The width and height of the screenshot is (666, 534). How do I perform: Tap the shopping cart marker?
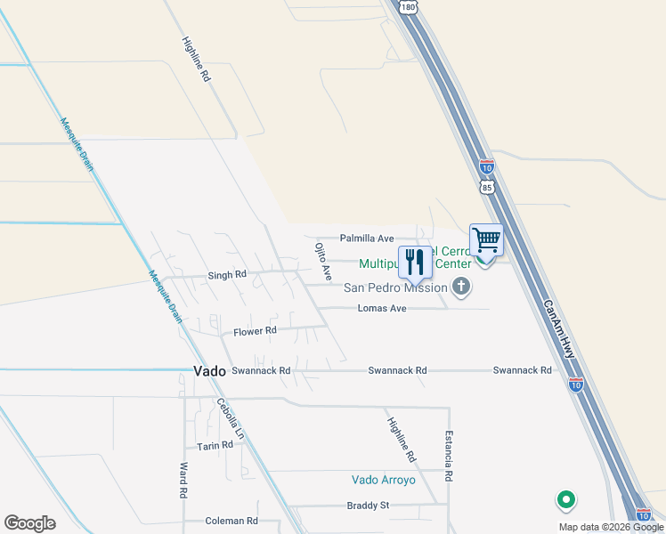(486, 239)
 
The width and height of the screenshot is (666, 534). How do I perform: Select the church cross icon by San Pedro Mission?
(460, 287)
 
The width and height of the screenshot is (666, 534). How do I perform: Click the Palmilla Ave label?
(367, 239)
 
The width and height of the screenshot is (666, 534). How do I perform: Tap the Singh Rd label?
(226, 275)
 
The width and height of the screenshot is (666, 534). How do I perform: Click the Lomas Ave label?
(381, 308)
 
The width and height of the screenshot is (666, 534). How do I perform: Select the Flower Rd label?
(255, 331)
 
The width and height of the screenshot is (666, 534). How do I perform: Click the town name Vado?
(209, 370)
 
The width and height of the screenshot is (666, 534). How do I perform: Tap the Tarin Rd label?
(215, 445)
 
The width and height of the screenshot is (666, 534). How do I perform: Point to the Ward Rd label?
(182, 480)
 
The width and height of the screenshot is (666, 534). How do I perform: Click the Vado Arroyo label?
(384, 480)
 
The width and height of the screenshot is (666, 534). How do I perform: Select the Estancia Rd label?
(449, 457)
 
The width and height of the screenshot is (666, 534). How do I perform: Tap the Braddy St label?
(368, 506)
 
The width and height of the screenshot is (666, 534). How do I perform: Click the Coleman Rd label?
(231, 521)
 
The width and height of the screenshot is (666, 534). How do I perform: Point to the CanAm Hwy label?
(558, 328)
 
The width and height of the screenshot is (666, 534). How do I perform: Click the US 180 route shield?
(408, 6)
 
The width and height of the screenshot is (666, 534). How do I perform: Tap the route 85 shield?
(486, 188)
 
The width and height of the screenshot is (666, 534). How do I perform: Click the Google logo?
(29, 523)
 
